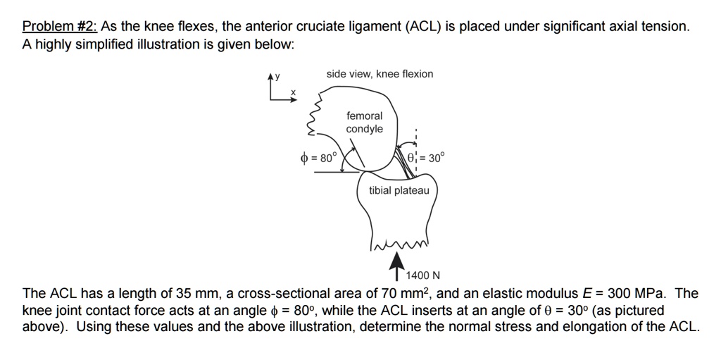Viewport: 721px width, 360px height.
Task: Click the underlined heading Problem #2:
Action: pyautogui.click(x=61, y=27)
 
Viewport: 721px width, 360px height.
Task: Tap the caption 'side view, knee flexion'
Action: pyautogui.click(x=380, y=74)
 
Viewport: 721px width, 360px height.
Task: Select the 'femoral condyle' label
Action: pyautogui.click(x=365, y=122)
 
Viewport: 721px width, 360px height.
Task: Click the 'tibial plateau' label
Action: pyautogui.click(x=399, y=191)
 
